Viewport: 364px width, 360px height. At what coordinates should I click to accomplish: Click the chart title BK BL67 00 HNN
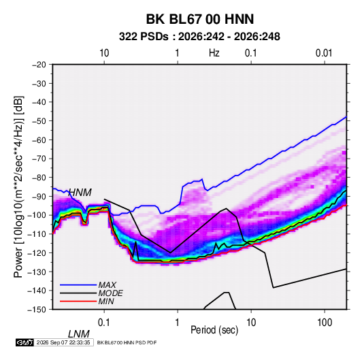tap(200, 19)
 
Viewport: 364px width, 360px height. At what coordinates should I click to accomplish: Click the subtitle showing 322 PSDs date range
tap(199, 37)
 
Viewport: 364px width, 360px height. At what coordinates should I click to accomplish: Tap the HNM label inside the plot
tap(80, 193)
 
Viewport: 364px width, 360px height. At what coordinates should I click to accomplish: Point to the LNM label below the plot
tap(79, 334)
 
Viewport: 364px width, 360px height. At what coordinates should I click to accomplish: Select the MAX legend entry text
tap(107, 284)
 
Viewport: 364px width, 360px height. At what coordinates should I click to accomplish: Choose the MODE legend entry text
tap(110, 293)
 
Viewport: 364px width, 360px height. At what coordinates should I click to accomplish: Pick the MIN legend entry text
tap(106, 301)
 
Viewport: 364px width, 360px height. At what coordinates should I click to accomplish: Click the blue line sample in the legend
tap(78, 285)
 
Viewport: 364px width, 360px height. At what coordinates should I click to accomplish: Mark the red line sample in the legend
tap(78, 301)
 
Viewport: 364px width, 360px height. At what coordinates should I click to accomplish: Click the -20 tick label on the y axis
tap(39, 65)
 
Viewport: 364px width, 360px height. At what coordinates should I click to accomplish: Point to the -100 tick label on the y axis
tap(37, 215)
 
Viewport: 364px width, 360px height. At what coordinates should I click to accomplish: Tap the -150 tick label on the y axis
tap(37, 310)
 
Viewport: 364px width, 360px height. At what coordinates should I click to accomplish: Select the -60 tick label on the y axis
tap(39, 140)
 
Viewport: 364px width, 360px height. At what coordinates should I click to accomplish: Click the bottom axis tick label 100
tap(325, 323)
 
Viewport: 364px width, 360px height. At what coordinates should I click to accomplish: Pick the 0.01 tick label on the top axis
tap(324, 53)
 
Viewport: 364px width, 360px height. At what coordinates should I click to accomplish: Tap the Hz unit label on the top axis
tap(214, 53)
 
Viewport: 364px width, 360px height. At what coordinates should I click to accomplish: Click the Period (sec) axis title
tap(214, 330)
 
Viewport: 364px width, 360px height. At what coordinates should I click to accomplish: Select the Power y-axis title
tap(18, 187)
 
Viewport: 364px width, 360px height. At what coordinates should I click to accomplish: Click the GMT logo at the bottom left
tap(25, 342)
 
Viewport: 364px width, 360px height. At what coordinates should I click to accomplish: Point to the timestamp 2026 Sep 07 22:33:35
tap(63, 342)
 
